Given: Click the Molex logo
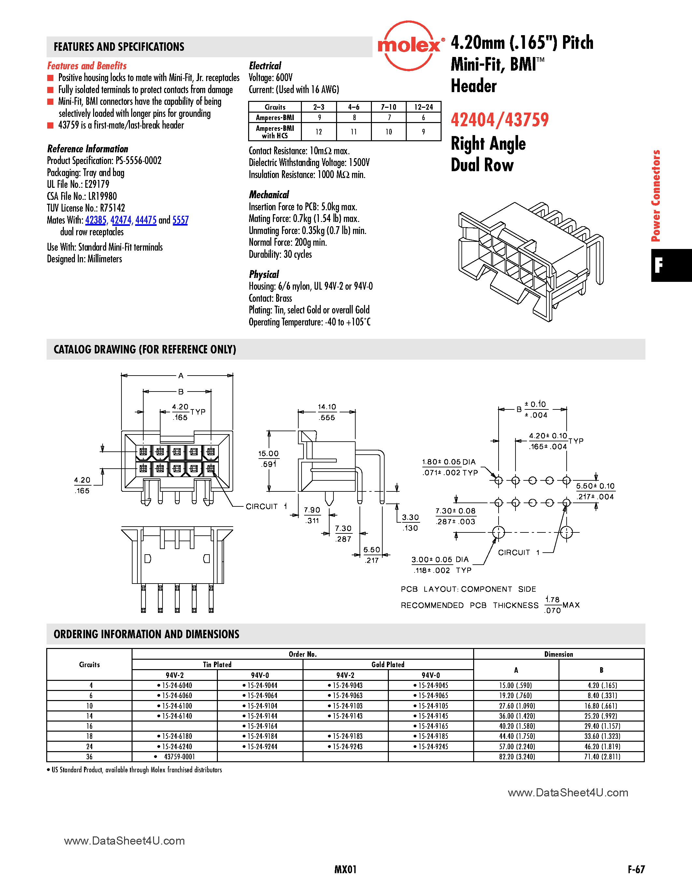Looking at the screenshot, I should coord(409,46).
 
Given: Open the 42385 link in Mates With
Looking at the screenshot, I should coord(95,220).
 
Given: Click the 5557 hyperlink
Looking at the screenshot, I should coord(180,220).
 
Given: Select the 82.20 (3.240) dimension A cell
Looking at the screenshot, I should coord(516,756).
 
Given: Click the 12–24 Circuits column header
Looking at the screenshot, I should coord(423,107).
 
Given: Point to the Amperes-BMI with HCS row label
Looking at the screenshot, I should coord(275,132).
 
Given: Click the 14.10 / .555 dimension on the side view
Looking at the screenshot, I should coord(327,412).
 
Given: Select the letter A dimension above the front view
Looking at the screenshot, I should coord(181,375).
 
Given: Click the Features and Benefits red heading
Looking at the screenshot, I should coord(87,66).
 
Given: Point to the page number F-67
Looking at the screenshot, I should coord(636,869).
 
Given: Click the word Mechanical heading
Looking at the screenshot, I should coord(269,195).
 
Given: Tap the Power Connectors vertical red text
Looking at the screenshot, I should coord(656,196).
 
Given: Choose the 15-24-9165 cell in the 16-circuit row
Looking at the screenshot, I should coord(431,726).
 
